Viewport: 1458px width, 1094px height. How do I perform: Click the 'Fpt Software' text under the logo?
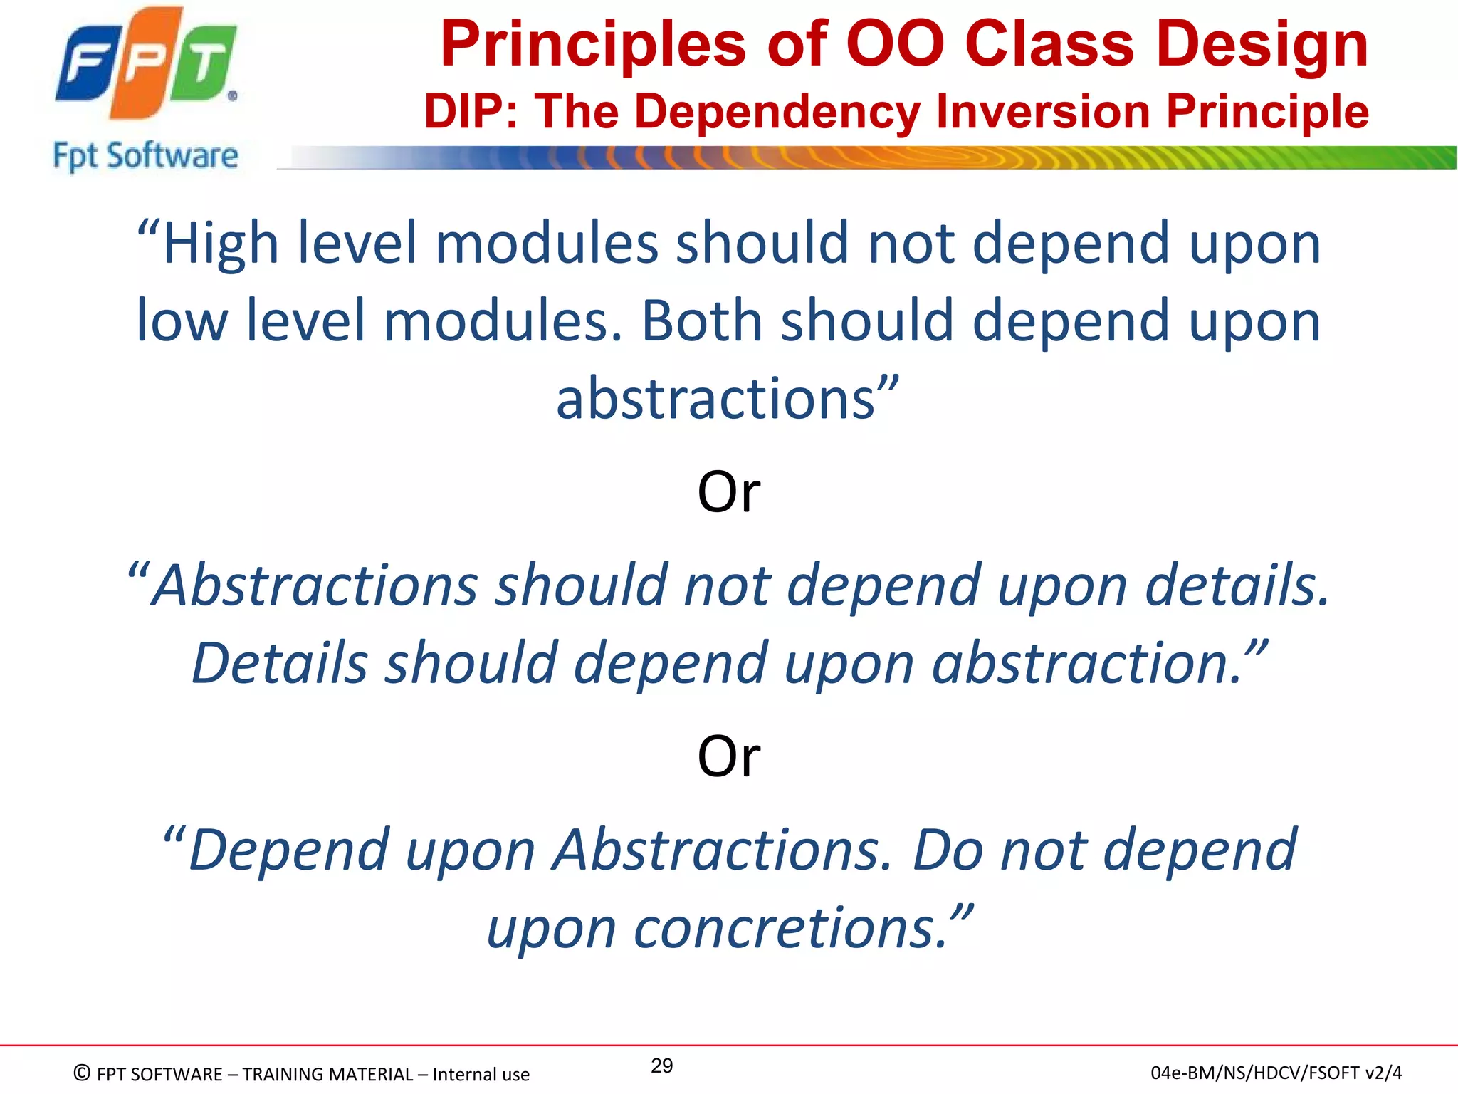click(x=145, y=156)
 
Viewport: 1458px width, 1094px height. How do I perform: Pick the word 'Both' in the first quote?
click(x=701, y=321)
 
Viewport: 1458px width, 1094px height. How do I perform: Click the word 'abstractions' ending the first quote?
click(x=715, y=399)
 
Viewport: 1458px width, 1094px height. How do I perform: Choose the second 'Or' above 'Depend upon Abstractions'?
click(x=728, y=756)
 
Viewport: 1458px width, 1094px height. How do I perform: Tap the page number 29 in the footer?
click(x=661, y=1066)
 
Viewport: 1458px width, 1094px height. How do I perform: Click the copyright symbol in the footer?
click(x=82, y=1073)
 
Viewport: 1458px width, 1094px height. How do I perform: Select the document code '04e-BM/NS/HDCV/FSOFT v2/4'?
click(x=1276, y=1073)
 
